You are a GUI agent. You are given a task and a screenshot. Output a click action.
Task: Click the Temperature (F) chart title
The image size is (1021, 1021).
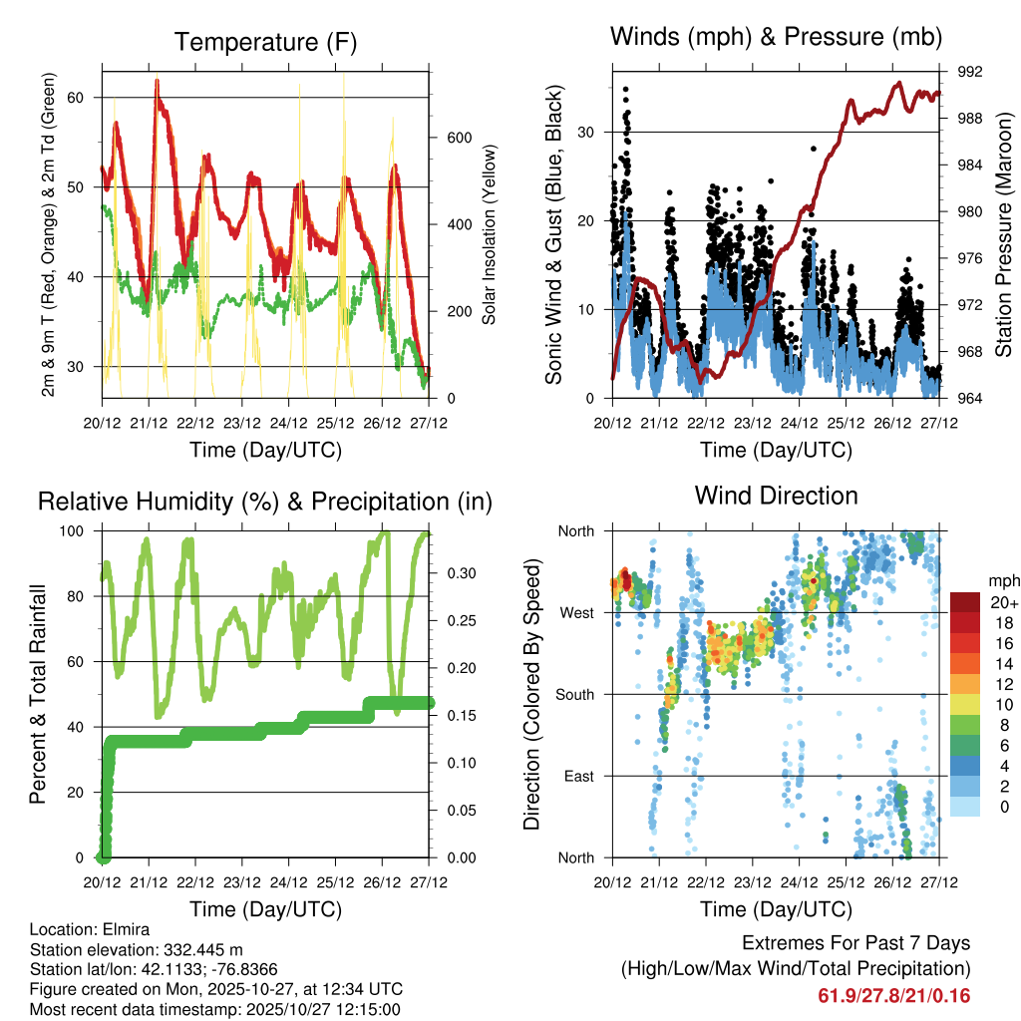click(265, 42)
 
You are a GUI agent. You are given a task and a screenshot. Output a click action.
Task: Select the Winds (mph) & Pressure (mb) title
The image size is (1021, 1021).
click(777, 38)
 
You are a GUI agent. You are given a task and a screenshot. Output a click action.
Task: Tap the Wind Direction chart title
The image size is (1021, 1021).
click(777, 495)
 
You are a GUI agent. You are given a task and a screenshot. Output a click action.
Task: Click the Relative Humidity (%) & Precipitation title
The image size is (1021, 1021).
click(265, 502)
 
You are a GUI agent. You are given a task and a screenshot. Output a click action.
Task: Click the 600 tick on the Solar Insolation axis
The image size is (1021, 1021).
click(458, 138)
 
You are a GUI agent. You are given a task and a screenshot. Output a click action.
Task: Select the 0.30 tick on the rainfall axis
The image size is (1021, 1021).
click(458, 573)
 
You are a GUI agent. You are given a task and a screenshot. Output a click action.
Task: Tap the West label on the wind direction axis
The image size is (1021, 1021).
click(576, 612)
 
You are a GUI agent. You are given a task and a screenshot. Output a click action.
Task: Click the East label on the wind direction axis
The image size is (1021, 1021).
click(578, 776)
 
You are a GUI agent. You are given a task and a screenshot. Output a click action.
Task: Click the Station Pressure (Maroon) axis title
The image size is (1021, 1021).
click(1003, 234)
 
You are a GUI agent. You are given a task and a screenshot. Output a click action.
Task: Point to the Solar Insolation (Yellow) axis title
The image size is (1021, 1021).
click(490, 234)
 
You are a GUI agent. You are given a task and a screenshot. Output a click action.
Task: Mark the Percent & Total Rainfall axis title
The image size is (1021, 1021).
click(37, 694)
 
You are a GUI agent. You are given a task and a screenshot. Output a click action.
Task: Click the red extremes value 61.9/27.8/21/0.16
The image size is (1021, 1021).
click(894, 996)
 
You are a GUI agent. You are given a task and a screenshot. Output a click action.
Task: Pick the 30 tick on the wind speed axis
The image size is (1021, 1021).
click(590, 132)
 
